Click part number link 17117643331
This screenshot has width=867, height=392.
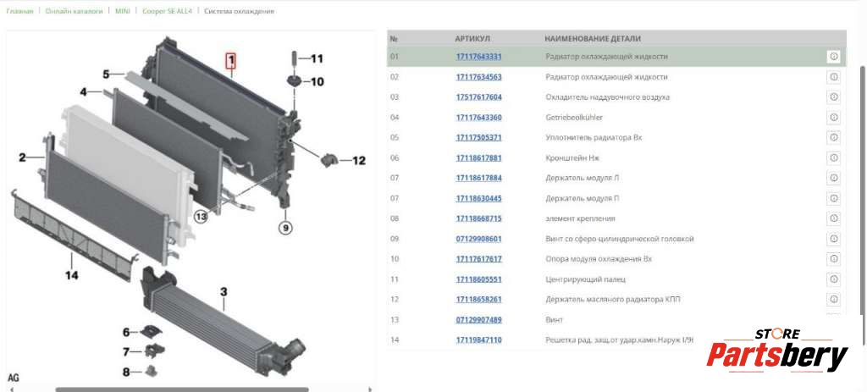479,57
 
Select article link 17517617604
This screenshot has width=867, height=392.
479,97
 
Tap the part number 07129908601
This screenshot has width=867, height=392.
479,239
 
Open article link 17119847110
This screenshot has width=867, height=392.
479,340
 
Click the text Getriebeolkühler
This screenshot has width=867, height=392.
574,118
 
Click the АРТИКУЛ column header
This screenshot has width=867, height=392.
472,39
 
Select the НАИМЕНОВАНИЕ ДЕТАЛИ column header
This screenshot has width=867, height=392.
593,39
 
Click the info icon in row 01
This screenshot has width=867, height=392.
834,57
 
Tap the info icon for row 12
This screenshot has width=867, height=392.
834,299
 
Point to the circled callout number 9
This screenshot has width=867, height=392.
285,227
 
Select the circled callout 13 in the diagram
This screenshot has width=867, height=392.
201,218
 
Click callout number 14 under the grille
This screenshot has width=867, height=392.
72,275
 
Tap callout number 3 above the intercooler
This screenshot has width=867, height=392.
224,291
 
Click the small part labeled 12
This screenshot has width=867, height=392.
329,160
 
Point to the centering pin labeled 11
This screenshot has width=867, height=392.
294,58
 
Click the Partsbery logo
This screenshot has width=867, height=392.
777,351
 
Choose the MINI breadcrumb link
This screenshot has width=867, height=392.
122,11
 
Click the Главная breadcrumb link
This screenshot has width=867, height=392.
20,11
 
